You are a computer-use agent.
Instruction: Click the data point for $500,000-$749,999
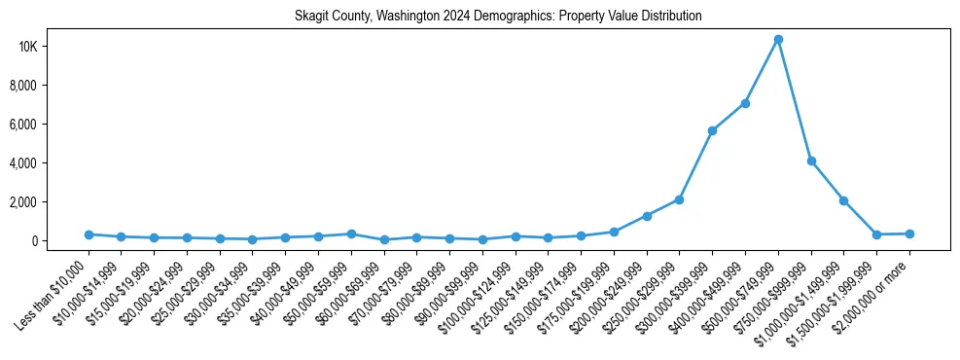click(778, 40)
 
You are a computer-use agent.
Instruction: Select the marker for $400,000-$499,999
click(745, 103)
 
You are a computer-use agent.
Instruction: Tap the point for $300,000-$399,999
click(712, 130)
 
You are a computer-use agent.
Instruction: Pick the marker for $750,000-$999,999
click(811, 162)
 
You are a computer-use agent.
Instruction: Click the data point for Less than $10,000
click(89, 234)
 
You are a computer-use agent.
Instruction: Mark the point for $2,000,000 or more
click(909, 234)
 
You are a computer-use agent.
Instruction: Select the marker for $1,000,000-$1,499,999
click(843, 200)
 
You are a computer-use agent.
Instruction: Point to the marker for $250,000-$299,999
click(679, 199)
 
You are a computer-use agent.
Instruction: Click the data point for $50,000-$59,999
click(351, 234)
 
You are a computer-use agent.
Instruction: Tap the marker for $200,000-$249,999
click(647, 216)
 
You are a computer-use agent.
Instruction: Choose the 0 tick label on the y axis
click(60, 241)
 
